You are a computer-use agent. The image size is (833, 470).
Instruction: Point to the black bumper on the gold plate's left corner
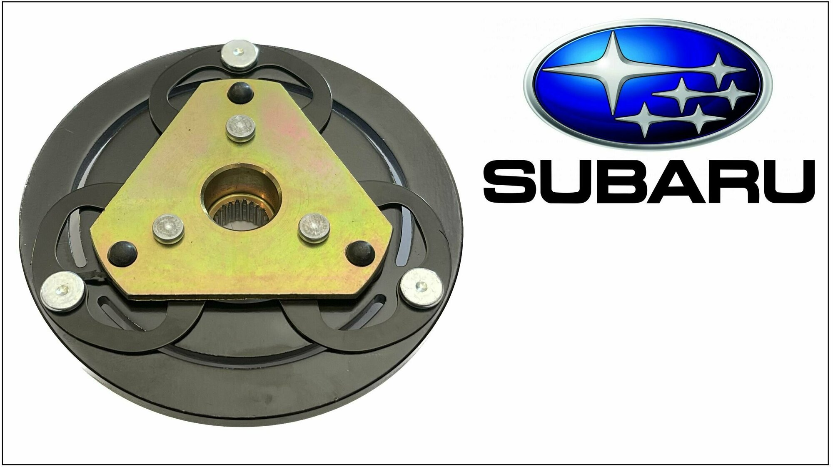click(x=122, y=251)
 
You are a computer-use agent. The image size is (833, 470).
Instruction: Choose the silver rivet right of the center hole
click(x=314, y=227)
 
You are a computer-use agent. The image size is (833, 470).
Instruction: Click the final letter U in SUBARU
click(x=786, y=181)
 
